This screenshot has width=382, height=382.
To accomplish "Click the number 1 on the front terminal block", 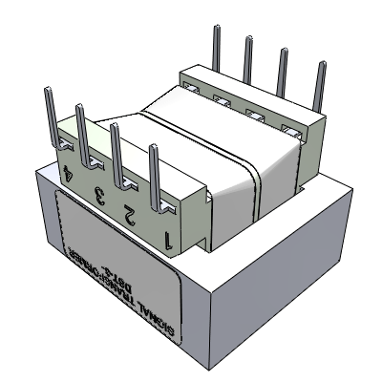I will pos(168,239).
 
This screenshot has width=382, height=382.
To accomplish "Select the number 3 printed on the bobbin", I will pos(97,196).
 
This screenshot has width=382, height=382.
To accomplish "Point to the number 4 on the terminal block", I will pos(66,177).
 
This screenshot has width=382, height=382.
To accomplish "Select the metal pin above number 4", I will pos(46,110).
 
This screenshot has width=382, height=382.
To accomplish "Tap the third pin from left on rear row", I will pos(283,74).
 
